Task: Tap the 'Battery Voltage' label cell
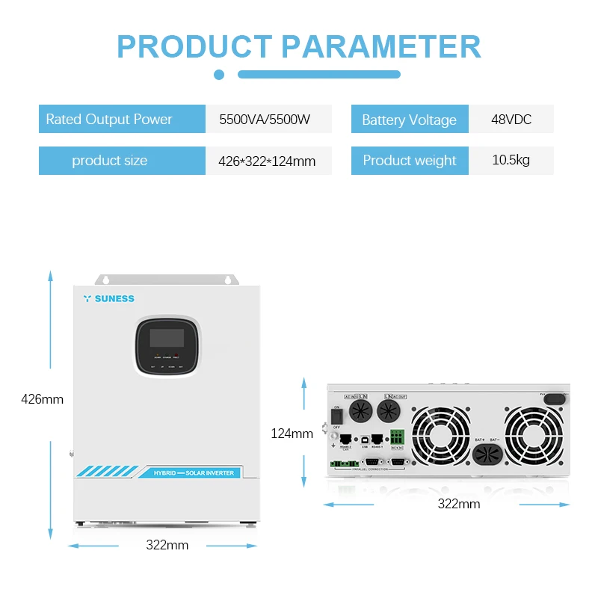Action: click(409, 120)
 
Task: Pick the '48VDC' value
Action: click(511, 120)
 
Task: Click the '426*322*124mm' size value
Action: click(267, 161)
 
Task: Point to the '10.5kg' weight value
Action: click(511, 160)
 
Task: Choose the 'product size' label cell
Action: click(110, 161)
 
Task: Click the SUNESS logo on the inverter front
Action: click(109, 299)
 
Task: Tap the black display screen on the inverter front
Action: click(167, 337)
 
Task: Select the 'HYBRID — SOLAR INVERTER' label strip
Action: click(193, 473)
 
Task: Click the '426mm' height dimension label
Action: click(43, 399)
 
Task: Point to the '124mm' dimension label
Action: click(292, 433)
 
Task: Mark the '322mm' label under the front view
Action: click(167, 545)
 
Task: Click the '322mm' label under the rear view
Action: click(458, 504)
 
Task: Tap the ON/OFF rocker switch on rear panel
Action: click(336, 413)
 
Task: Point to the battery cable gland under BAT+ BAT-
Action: click(486, 456)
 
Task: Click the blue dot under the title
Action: click(219, 75)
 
